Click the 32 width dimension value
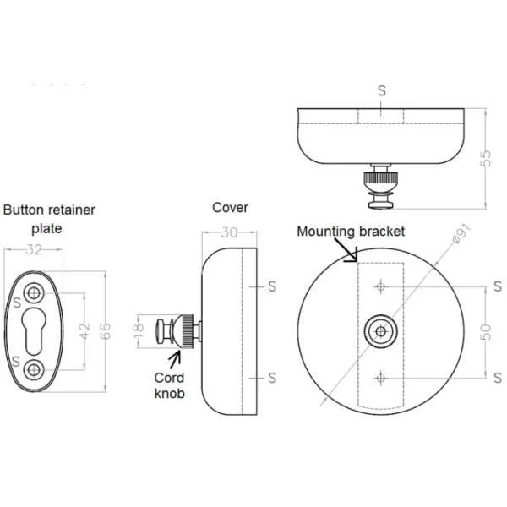tap(35, 249)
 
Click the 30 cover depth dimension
tap(229, 234)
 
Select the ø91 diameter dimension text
tap(461, 236)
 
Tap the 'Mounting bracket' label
tap(351, 231)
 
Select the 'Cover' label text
tap(230, 207)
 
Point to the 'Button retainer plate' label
tap(49, 218)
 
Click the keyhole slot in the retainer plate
tap(35, 331)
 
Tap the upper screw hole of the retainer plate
tap(35, 293)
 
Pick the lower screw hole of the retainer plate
tap(35, 368)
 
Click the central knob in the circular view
tap(380, 330)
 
